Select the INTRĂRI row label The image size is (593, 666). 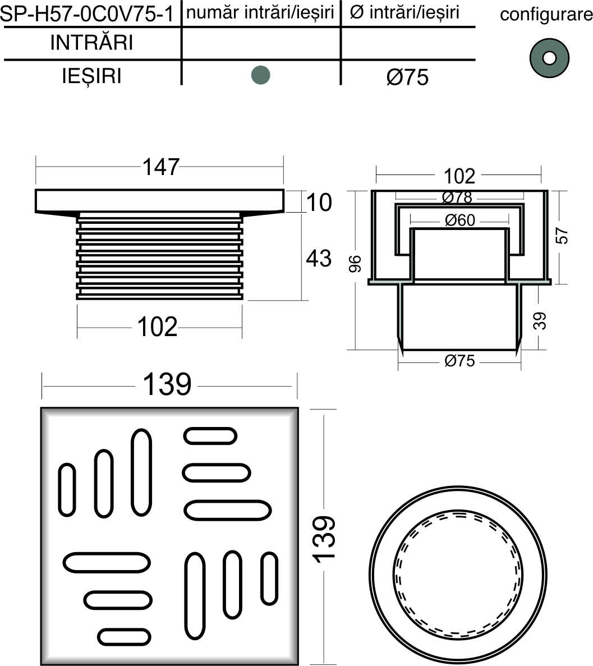click(x=92, y=43)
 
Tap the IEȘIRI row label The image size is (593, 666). click(x=92, y=76)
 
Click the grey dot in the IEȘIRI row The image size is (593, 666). click(x=260, y=75)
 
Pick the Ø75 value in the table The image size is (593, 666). click(x=407, y=77)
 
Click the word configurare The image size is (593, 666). click(x=546, y=15)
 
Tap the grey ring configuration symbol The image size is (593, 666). click(x=549, y=58)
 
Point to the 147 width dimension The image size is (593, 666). click(x=160, y=167)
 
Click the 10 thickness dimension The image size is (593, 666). click(x=319, y=202)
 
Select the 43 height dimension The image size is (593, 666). click(x=319, y=258)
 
